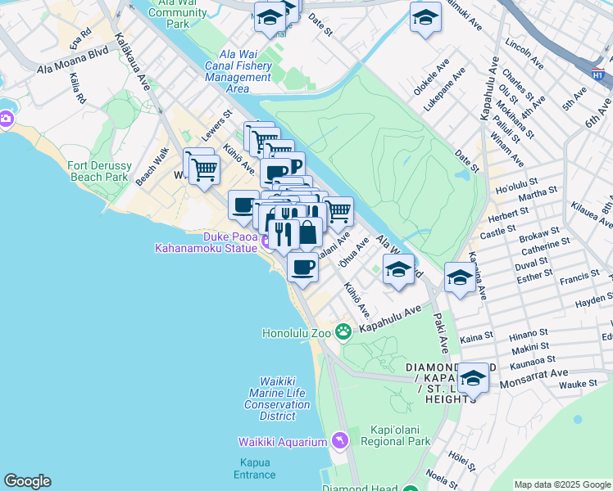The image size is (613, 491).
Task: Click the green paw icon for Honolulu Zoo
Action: (x=343, y=332)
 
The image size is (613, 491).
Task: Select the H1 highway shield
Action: (x=598, y=74)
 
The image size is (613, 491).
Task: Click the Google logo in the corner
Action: (x=27, y=481)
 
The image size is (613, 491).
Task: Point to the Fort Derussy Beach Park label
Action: (x=98, y=171)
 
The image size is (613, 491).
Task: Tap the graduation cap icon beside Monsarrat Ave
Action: (x=473, y=378)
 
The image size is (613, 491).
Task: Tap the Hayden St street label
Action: (x=593, y=301)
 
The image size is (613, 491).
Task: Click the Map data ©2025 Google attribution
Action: (x=561, y=484)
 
